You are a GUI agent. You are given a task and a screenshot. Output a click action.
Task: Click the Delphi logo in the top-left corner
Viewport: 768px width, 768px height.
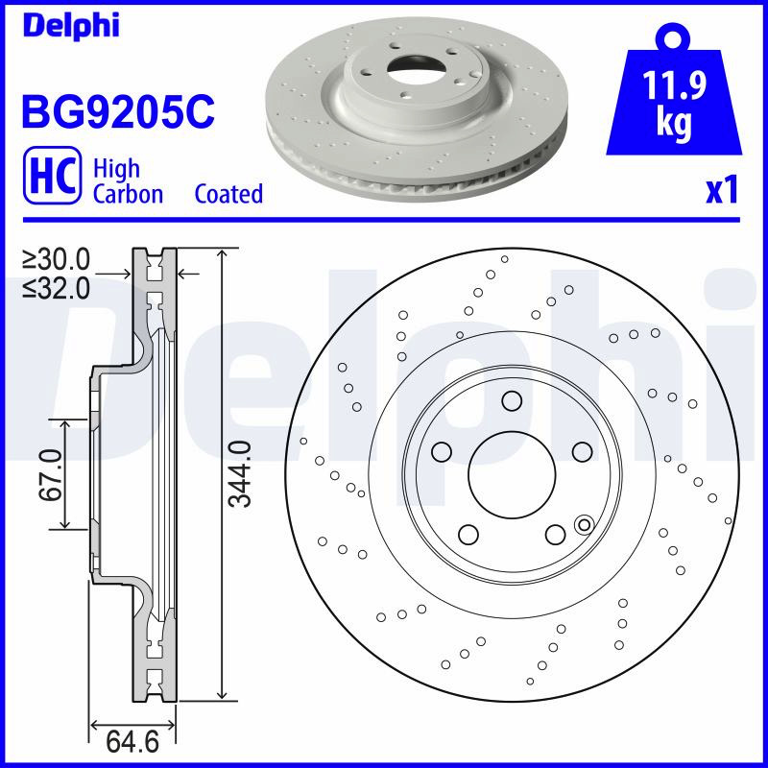71,26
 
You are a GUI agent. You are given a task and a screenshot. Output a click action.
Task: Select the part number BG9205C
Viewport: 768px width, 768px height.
118,111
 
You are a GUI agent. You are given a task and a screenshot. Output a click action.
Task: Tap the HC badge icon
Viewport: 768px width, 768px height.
53,175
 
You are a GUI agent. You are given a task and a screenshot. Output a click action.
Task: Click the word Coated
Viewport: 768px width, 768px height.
228,194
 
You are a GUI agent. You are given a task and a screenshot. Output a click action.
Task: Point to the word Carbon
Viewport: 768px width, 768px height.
128,194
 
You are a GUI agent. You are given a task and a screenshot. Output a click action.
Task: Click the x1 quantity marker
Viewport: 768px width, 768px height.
722,190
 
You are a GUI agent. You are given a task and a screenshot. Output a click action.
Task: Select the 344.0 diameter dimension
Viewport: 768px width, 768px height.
241,473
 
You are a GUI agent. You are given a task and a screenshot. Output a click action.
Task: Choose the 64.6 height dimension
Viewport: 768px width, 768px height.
132,742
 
